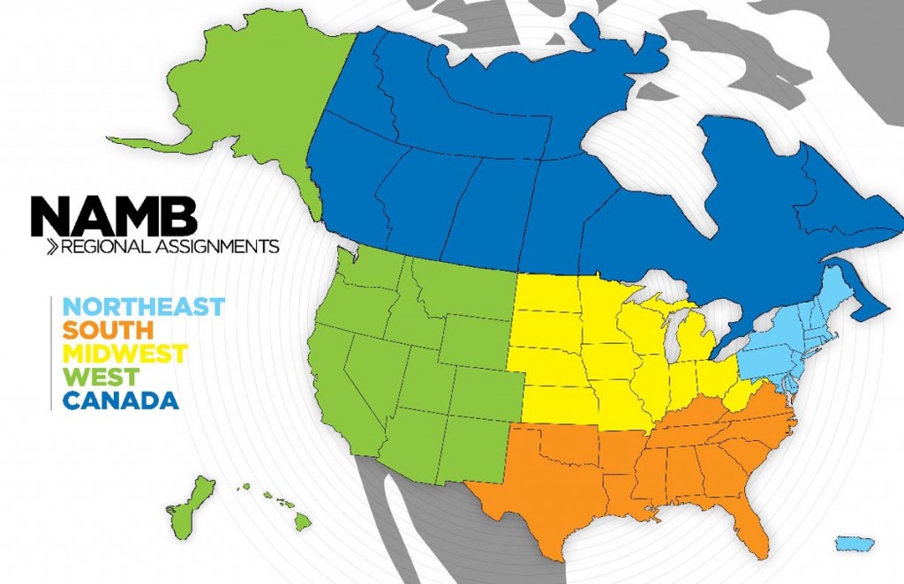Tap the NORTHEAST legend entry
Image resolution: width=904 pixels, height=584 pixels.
click(145, 307)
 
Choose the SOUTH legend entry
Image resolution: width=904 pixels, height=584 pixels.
click(109, 331)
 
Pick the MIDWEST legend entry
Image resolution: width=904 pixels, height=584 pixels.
click(125, 354)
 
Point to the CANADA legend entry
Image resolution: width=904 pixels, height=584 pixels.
click(122, 401)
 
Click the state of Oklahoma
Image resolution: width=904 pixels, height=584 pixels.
click(574, 445)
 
